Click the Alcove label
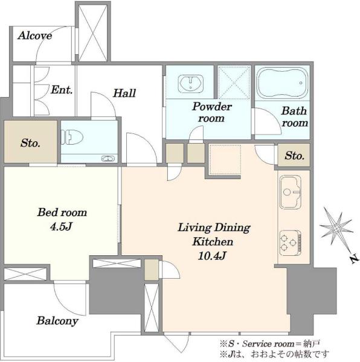click(35, 36)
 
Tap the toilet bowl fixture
click(72, 138)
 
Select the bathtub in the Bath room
click(282, 83)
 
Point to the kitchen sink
click(291, 192)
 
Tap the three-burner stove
click(291, 244)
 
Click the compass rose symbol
click(336, 229)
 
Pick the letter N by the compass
click(354, 259)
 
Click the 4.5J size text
click(61, 227)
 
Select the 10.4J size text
click(212, 256)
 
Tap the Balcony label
click(57, 321)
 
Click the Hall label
click(124, 93)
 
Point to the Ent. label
click(62, 90)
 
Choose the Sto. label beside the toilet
click(30, 143)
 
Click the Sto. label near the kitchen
click(294, 156)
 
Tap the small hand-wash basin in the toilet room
click(108, 159)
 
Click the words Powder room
click(212, 112)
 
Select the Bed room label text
click(62, 212)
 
